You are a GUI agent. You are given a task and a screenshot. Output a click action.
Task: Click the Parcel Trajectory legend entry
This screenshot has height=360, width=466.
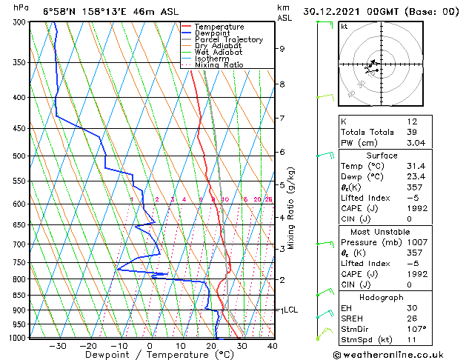[228, 40]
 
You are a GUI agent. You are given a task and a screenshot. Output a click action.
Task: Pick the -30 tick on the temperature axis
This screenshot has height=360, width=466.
[57, 345]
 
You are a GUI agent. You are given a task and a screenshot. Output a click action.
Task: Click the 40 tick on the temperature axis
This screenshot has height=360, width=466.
[272, 345]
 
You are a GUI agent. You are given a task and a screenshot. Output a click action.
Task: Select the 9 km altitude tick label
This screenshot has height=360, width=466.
[282, 49]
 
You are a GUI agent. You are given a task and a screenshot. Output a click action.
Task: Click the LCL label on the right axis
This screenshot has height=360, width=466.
[290, 310]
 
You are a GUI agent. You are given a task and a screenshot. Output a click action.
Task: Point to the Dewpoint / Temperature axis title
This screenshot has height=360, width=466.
[149, 355]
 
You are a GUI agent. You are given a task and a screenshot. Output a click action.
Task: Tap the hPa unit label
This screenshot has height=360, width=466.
[21, 7]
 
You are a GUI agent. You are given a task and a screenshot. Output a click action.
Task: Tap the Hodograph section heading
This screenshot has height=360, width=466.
[382, 296]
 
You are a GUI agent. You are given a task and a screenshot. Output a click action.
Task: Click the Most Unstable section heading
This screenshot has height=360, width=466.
[382, 231]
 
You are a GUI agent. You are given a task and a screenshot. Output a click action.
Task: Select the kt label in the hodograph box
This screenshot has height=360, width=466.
[344, 27]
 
